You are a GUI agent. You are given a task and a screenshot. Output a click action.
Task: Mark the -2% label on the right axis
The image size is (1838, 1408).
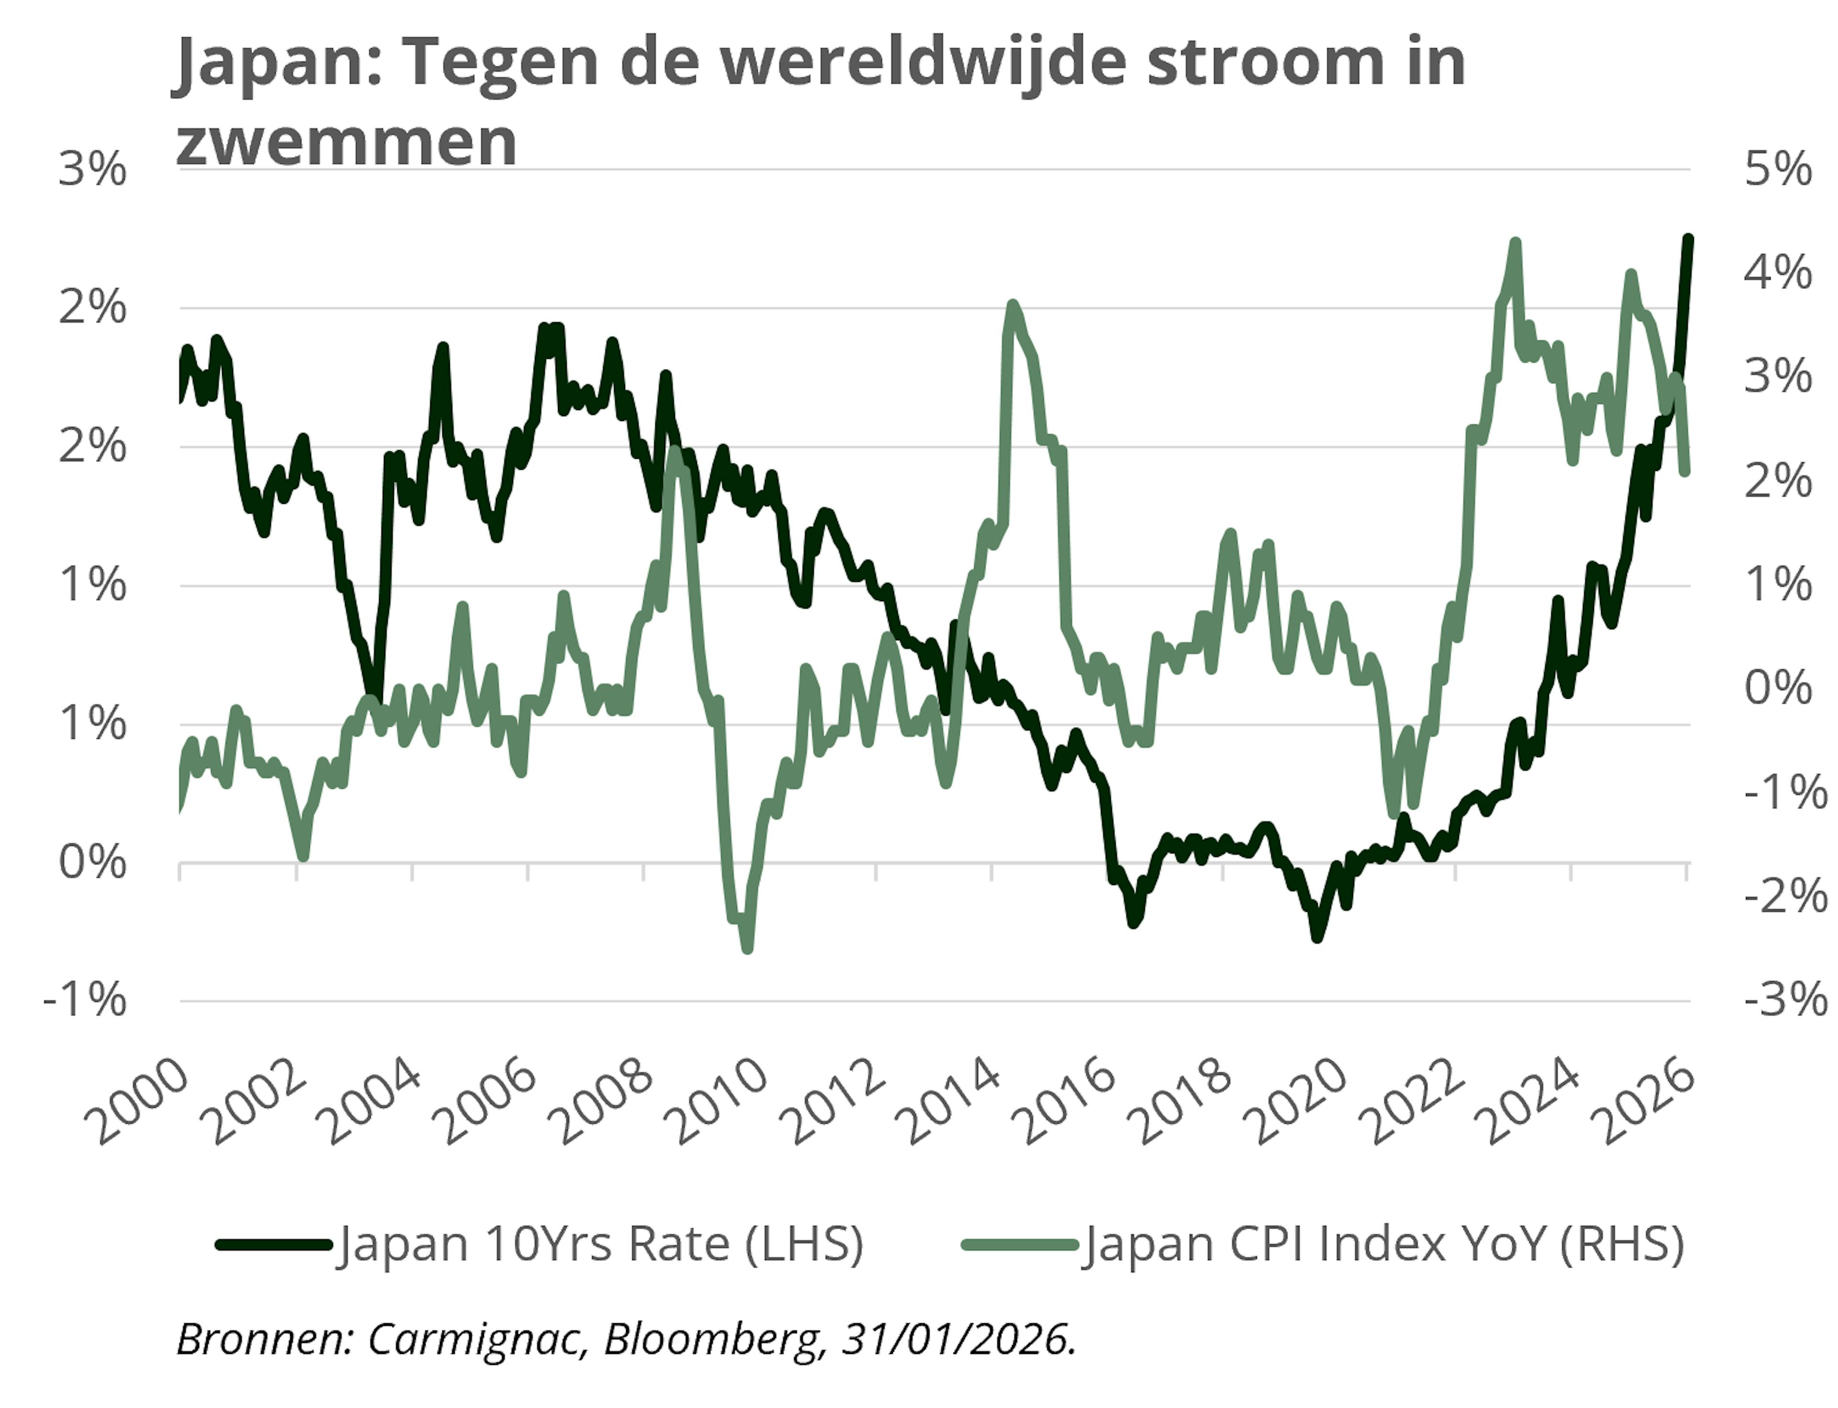point(1784,897)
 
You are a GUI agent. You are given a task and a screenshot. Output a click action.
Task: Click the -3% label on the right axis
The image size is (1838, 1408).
point(1784,1000)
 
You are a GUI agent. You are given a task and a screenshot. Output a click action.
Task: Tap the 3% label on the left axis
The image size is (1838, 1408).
point(92,170)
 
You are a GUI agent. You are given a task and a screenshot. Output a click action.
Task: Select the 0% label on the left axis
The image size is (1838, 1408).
point(92,863)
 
